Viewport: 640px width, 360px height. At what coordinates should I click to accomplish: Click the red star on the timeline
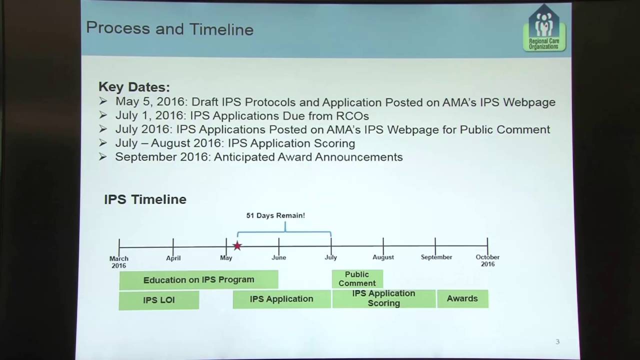coord(237,246)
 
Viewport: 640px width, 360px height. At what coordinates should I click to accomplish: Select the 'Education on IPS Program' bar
coord(198,280)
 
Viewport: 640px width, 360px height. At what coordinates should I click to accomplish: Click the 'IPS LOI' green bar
coord(158,300)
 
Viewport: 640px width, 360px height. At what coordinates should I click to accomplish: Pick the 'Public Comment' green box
coord(357,278)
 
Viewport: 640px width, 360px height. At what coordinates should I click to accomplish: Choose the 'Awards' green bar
coord(462,298)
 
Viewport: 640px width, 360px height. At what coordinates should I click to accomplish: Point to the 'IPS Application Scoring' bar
coord(383,298)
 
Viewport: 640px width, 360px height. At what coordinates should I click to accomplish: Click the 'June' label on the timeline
coord(278,257)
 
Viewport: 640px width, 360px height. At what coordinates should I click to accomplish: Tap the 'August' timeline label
coord(383,257)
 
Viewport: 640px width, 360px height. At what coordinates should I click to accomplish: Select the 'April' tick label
coord(173,258)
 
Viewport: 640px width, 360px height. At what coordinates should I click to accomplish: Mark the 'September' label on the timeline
coord(436,257)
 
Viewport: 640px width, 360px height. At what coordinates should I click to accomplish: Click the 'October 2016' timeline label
coord(487,260)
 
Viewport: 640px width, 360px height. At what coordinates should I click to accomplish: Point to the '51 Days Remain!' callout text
coord(275,215)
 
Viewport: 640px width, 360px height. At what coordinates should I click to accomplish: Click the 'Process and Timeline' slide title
coord(169,28)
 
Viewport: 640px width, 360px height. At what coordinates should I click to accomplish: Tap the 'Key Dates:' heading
coord(134,86)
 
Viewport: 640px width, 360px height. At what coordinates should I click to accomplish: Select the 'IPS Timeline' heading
coord(145,199)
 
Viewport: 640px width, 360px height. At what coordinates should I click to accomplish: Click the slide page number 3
coord(557,341)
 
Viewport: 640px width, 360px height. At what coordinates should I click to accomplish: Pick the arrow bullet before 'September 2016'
coord(103,156)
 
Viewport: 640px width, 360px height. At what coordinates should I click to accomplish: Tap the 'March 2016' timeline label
coord(119,262)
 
